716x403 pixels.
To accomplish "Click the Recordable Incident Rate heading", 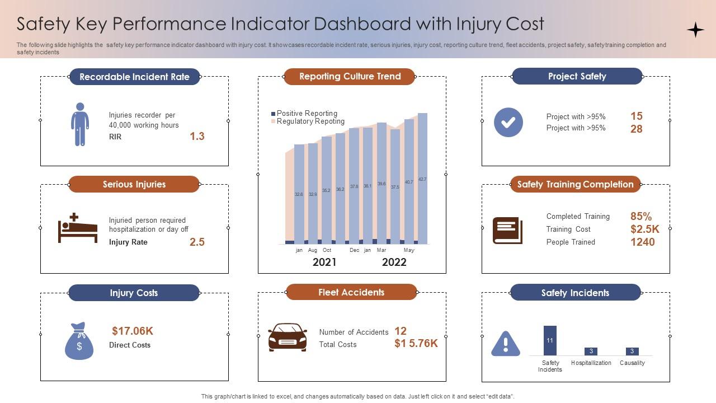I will click(134, 77).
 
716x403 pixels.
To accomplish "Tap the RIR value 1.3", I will click(197, 136).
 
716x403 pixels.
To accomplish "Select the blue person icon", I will click(80, 124).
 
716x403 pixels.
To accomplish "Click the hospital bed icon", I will click(78, 229).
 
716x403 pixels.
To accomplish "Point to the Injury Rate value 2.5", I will click(197, 242).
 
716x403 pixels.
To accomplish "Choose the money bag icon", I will click(79, 341).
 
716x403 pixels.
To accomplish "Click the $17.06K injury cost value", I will click(133, 331).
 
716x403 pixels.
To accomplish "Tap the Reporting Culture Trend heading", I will click(350, 76).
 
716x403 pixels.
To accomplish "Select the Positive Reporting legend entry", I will click(307, 113).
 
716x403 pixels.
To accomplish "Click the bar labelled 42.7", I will click(422, 179).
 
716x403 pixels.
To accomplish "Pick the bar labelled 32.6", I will click(299, 194).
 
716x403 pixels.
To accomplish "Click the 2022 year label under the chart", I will click(394, 262).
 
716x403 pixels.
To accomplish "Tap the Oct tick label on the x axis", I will click(327, 250).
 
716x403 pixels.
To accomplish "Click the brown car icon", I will click(288, 337).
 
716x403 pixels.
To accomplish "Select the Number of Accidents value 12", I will click(401, 331).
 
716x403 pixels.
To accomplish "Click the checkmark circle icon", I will click(508, 123).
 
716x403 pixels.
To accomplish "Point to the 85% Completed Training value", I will click(641, 216).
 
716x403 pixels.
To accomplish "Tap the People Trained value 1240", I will click(642, 242).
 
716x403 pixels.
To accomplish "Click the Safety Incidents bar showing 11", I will click(550, 340).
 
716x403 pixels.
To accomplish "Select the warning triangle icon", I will click(505, 344).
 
